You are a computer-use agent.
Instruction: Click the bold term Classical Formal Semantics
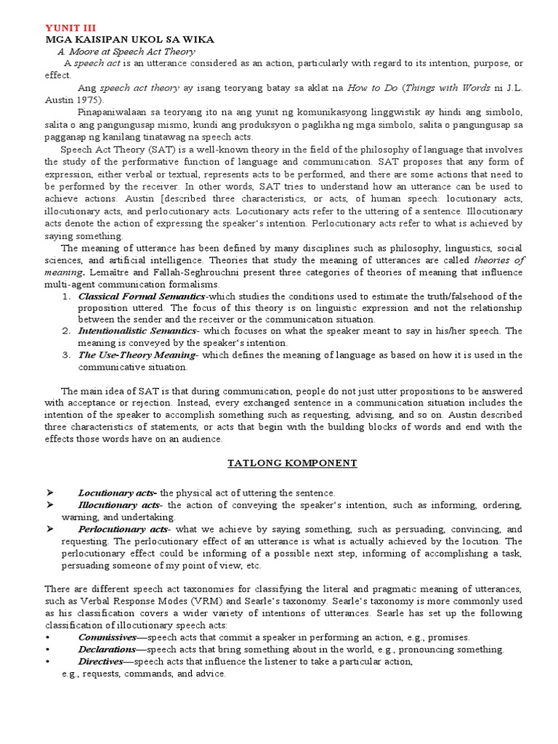(142, 296)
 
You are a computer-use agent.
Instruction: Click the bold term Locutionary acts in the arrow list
(116, 493)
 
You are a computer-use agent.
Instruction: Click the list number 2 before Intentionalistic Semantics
(65, 331)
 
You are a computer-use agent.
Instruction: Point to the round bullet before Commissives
(46, 638)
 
